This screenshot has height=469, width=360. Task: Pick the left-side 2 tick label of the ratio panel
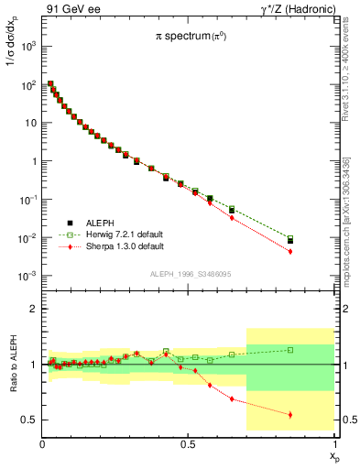pyautogui.click(x=34, y=309)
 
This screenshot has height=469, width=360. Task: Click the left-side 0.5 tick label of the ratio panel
pyautogui.click(x=30, y=420)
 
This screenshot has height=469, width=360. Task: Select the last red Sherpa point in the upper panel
pyautogui.click(x=290, y=251)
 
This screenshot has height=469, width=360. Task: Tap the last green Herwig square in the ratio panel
pyautogui.click(x=290, y=350)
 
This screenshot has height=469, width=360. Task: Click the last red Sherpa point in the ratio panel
pyautogui.click(x=290, y=414)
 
